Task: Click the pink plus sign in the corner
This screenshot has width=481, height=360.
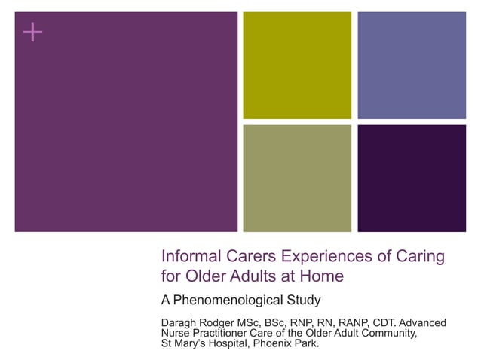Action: (x=32, y=32)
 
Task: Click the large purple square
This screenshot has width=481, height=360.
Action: (x=126, y=121)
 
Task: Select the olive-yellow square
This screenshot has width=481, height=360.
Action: (x=297, y=65)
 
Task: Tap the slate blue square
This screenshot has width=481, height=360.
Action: (x=412, y=65)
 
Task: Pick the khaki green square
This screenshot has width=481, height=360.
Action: (x=297, y=178)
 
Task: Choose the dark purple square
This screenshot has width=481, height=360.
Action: (x=412, y=178)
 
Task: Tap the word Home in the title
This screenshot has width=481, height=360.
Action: (x=322, y=276)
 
